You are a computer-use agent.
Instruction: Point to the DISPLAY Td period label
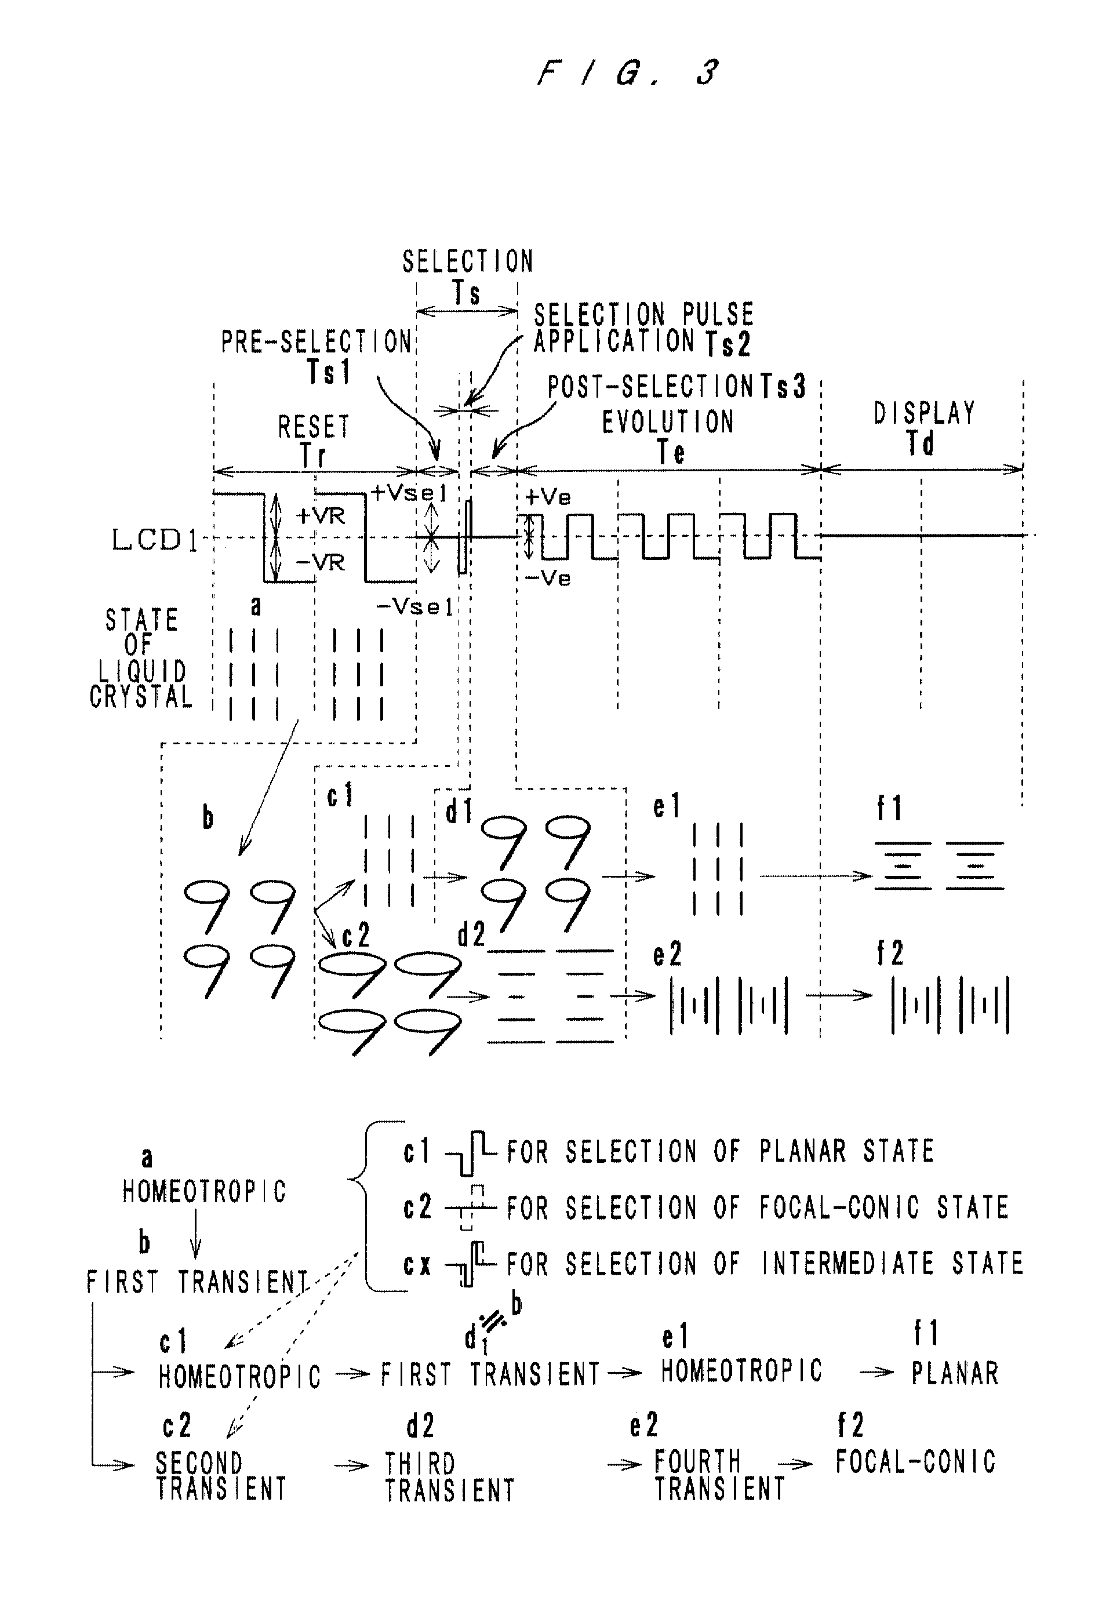tap(925, 428)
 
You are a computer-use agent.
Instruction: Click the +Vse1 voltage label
tap(409, 493)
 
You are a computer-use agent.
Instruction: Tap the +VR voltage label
tap(321, 516)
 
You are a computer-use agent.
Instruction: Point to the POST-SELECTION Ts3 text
tap(676, 387)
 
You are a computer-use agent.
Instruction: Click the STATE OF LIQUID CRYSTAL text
tap(142, 658)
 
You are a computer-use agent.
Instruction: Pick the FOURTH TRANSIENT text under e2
tap(719, 1475)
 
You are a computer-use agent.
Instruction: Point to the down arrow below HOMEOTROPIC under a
tap(195, 1234)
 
